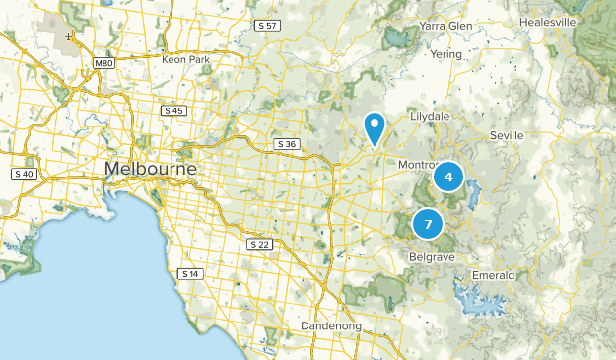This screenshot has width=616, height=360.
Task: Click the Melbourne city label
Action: coord(150,169)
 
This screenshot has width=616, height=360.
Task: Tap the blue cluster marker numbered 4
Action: coord(448,177)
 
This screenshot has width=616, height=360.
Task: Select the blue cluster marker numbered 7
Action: coord(428,224)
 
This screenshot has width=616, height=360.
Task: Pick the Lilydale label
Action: coord(436,115)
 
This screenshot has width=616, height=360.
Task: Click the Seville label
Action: coord(510,134)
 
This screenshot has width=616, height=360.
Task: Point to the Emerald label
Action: coord(494,274)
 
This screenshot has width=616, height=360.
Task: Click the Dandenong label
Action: coord(331,325)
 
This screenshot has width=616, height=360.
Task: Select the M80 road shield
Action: coord(103,63)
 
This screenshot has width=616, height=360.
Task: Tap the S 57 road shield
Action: coord(266,24)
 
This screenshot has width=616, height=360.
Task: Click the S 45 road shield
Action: coord(173,110)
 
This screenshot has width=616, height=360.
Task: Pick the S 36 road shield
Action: coord(287,144)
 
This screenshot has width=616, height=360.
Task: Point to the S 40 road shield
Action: coord(25,174)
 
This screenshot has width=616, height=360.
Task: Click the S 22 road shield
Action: coord(259,243)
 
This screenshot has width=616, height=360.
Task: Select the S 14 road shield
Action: coord(190,273)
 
